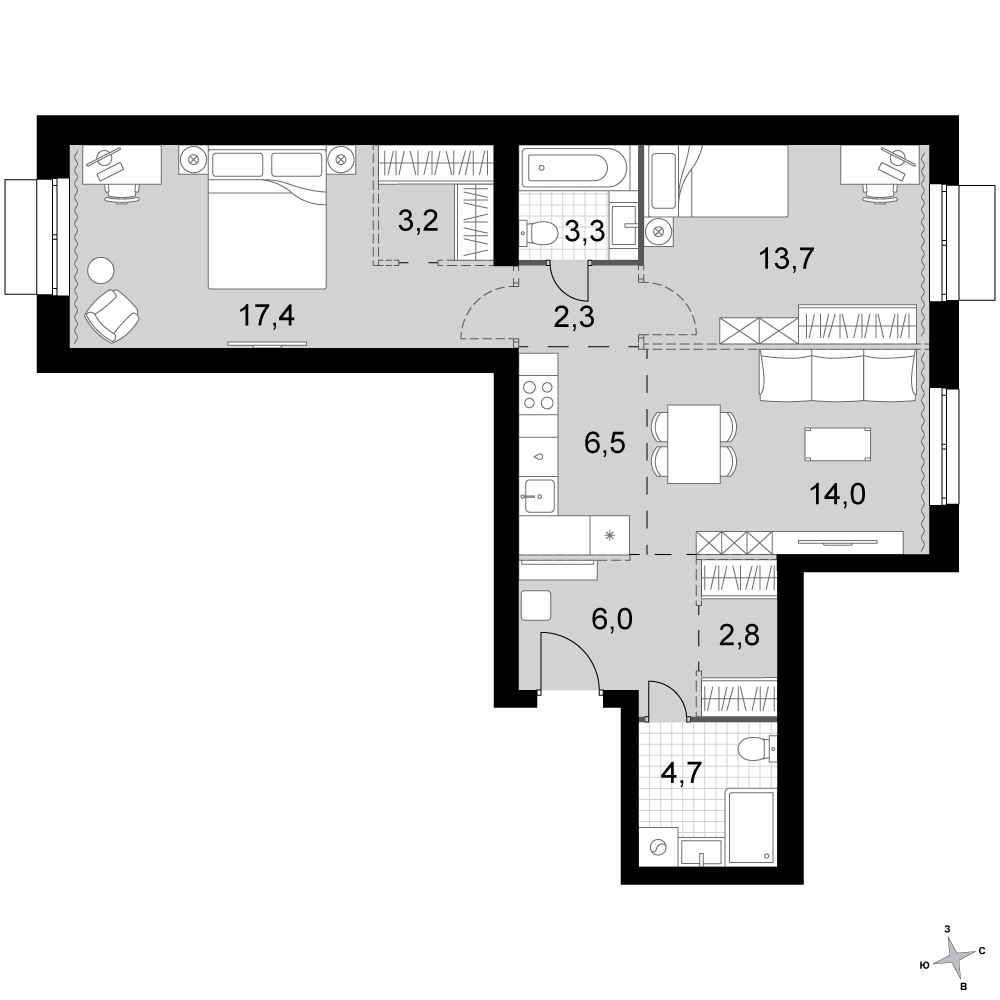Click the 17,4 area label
267,316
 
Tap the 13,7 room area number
786,258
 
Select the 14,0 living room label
837,494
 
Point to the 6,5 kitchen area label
605,442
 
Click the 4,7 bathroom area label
682,774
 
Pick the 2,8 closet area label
739,636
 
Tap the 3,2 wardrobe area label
418,221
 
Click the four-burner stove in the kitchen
538,394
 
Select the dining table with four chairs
694,444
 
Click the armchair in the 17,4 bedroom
112,315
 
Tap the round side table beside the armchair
100,270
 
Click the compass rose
952,958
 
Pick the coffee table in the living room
837,444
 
